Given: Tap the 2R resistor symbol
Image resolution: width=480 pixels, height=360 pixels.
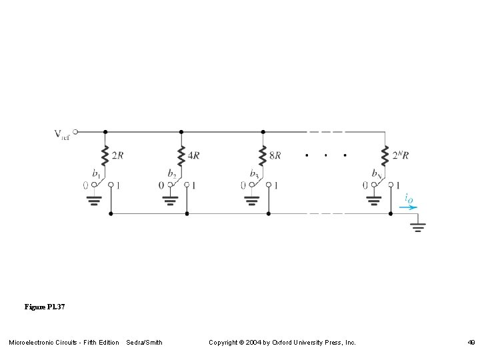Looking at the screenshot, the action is coord(105,156).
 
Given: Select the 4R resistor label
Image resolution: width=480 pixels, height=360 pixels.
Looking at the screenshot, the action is coord(193,156).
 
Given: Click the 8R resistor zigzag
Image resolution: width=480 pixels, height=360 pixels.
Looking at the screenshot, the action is coord(263,156).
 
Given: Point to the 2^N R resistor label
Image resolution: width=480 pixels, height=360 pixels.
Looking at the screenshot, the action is coord(400,156).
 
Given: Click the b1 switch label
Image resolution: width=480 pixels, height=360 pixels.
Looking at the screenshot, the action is coord(97,173).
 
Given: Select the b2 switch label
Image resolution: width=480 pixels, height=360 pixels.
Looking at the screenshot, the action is coord(172,173).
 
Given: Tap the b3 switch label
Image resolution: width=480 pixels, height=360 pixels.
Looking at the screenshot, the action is coord(254,173).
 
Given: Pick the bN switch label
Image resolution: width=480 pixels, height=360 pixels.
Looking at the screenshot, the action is coord(377,173).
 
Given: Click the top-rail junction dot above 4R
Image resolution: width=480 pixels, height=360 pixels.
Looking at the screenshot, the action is coord(181,132).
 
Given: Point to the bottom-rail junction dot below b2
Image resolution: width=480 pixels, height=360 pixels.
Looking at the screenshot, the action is coord(187,214).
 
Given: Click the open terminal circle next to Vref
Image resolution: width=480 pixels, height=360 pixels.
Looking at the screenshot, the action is coord(75,132).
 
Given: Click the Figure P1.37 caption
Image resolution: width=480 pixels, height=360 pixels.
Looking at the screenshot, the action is coord(45,307).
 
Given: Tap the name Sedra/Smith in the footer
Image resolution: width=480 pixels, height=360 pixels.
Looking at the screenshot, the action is coord(144,343).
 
